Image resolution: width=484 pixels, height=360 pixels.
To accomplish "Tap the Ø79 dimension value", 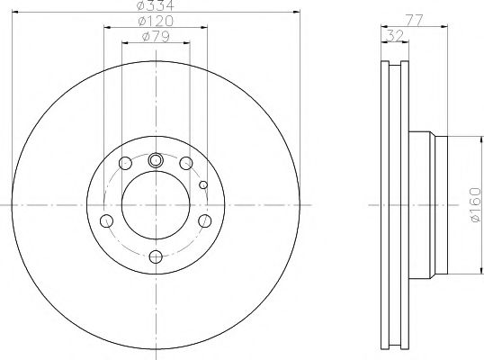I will [x=156, y=37].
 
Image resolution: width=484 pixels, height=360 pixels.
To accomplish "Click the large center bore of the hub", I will [x=156, y=205].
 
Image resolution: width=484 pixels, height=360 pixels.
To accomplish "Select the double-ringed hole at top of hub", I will [x=156, y=161].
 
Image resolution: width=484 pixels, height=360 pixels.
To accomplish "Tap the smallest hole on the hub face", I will [x=203, y=184].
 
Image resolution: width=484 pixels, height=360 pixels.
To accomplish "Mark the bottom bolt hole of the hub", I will [x=156, y=257].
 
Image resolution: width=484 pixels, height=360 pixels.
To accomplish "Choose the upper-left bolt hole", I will [x=125, y=164].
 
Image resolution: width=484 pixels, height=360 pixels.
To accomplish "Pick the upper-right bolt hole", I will [x=186, y=164].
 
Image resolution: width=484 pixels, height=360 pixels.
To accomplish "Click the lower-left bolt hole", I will [x=107, y=221].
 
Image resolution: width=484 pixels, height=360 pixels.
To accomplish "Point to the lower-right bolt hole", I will [x=204, y=221].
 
